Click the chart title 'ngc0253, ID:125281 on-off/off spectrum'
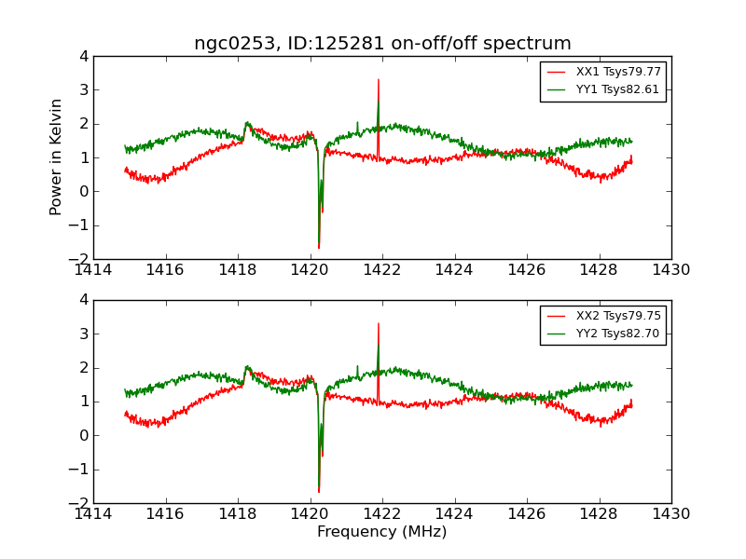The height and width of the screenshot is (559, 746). click(x=382, y=43)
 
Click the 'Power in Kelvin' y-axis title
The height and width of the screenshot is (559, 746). click(x=57, y=157)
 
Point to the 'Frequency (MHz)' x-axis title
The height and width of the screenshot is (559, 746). click(x=382, y=532)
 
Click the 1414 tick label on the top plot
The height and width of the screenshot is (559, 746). click(x=93, y=270)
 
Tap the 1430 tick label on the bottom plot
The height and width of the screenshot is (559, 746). click(x=670, y=513)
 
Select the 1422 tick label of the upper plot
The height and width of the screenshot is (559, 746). click(x=382, y=270)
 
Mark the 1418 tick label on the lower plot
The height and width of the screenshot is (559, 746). click(x=238, y=513)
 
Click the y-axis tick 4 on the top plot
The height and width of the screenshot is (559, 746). click(x=84, y=56)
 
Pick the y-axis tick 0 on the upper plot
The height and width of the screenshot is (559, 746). click(x=84, y=191)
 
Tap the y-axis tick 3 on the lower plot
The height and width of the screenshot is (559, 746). click(x=84, y=334)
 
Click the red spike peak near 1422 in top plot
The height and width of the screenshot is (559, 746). click(x=379, y=80)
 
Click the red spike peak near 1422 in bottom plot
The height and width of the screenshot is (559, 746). click(x=379, y=324)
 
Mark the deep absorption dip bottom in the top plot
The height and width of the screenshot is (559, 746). click(x=319, y=247)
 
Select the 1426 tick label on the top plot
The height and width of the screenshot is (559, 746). click(x=527, y=270)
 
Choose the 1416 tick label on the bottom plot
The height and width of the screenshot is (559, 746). click(x=166, y=513)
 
